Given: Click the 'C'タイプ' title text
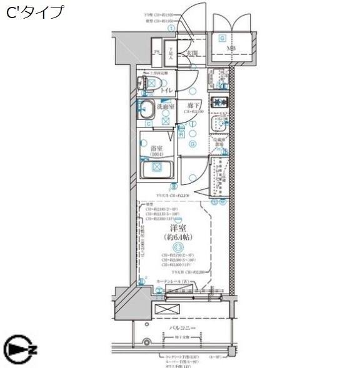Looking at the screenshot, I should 36,12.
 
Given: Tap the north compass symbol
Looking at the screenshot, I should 20,348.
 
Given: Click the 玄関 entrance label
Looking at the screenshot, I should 192,54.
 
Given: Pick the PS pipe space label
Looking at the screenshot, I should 157,52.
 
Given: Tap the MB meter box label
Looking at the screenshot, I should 231,48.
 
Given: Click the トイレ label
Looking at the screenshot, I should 167,91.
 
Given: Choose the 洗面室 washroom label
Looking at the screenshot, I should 166,107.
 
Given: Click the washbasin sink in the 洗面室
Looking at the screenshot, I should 147,111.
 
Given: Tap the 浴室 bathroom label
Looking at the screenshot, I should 157,148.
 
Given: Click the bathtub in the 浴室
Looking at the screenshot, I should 157,169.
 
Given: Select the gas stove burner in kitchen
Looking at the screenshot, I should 219,102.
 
